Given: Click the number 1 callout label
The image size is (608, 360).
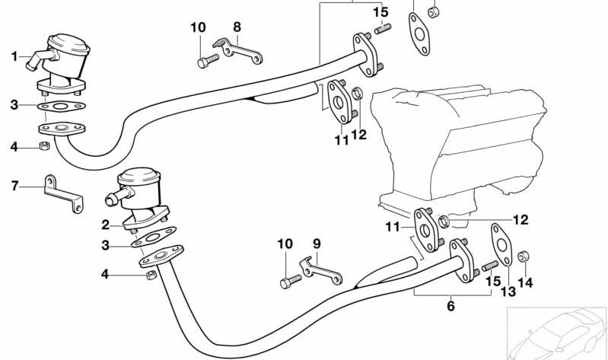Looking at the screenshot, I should [x=14, y=56].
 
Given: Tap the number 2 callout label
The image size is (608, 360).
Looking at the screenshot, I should [x=106, y=225].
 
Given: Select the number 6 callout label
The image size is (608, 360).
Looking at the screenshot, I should [x=450, y=306].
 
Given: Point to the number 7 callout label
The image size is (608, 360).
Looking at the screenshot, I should [x=14, y=185].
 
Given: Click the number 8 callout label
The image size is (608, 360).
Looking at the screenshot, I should [x=237, y=27].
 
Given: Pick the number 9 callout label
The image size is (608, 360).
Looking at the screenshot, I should [x=317, y=244].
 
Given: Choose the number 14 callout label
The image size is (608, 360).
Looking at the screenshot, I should [x=525, y=282].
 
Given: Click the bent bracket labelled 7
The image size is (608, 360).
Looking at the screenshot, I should [x=62, y=193].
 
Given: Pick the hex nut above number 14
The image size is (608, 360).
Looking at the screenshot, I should [x=524, y=256].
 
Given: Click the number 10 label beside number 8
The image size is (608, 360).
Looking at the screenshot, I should [x=198, y=27].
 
